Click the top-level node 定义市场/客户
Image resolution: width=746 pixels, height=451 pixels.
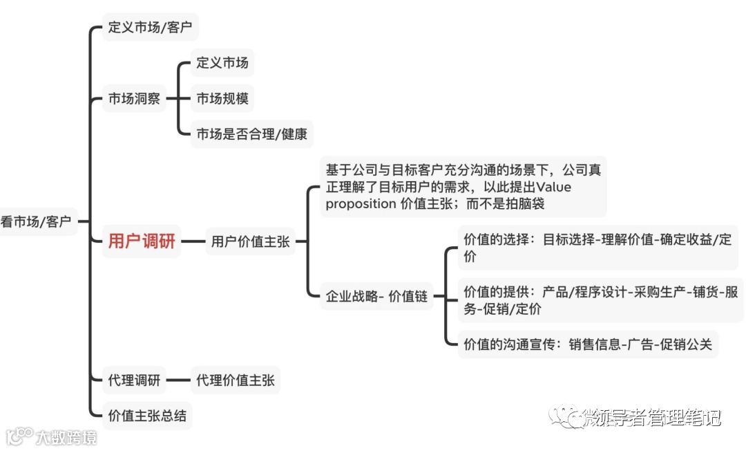(x=150, y=28)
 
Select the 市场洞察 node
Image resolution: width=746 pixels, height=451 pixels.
(x=134, y=99)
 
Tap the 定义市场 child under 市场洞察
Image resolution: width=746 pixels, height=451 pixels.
(x=222, y=63)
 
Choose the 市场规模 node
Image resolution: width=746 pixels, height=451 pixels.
(x=222, y=99)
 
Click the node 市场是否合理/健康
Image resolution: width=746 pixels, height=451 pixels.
(x=251, y=134)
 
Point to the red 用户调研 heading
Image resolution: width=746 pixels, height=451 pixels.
(x=142, y=241)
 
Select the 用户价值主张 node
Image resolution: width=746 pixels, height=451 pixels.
(x=250, y=242)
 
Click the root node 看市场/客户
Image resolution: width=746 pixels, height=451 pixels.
(x=36, y=221)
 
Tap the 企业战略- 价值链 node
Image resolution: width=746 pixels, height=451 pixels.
(x=376, y=296)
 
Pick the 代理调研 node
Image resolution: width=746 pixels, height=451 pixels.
(x=134, y=380)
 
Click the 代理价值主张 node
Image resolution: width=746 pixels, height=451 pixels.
(x=235, y=380)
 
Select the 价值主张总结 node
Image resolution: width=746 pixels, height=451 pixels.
(x=147, y=416)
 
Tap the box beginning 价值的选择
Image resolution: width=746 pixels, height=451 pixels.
(x=597, y=248)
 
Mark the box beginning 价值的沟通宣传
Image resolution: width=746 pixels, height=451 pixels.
(x=587, y=344)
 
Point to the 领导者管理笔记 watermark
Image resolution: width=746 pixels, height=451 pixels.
(x=653, y=417)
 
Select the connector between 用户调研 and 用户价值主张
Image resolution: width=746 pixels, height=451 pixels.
(x=193, y=242)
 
